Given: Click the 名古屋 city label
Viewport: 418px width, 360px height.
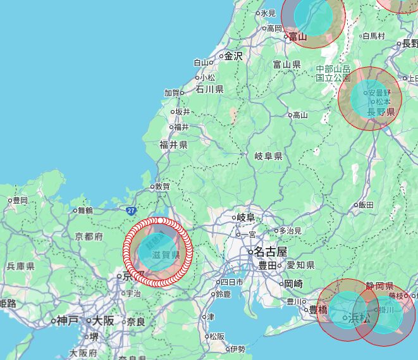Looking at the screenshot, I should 272,251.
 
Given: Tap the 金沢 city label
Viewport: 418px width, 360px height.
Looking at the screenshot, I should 233,56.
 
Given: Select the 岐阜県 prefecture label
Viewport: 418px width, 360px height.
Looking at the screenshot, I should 268,156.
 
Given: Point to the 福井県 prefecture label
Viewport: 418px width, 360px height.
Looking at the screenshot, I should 173,145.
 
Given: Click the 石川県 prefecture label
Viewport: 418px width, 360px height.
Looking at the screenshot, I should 209,89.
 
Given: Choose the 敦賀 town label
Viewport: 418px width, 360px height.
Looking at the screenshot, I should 162,187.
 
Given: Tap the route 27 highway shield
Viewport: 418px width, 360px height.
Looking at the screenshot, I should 131,209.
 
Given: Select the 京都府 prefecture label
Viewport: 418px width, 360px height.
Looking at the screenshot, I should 89,236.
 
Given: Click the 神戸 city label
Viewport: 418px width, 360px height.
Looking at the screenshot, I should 66,321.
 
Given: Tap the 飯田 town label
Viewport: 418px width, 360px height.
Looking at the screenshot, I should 366,204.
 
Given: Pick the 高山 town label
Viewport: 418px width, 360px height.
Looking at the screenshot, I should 299,115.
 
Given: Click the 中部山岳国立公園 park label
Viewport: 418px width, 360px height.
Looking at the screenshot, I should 333,73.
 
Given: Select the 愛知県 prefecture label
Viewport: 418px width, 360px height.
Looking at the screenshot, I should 300,265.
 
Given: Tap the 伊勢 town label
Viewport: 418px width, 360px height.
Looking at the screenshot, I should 237,349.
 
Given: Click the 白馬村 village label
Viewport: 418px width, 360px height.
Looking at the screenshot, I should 373,35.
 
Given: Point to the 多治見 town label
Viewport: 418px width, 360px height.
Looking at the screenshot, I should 292,230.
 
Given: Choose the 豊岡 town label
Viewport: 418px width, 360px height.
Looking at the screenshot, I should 20,200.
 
